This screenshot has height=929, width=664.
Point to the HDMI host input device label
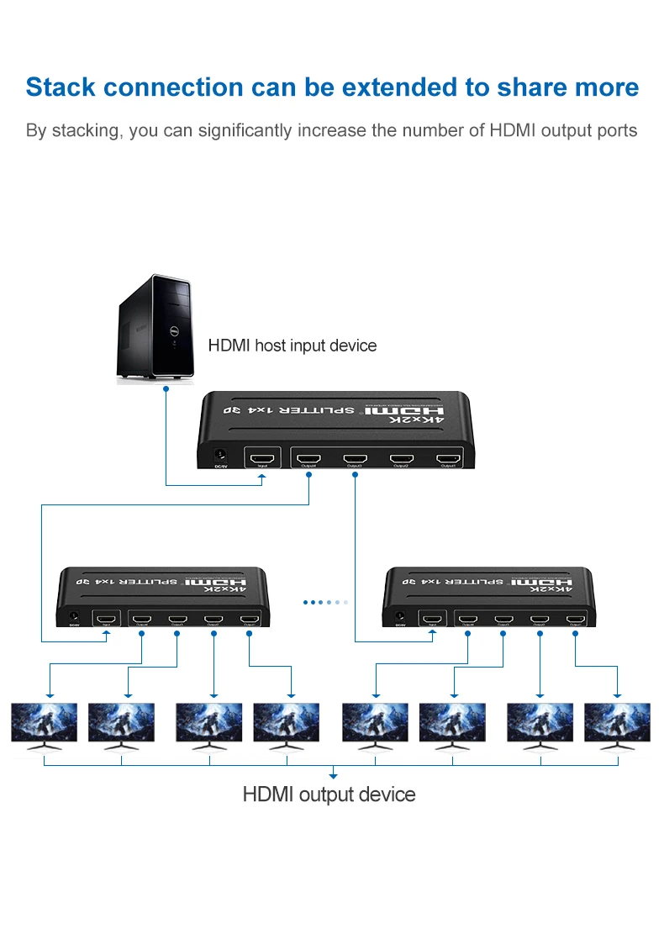tap(292, 346)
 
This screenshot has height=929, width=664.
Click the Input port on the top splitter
tap(263, 458)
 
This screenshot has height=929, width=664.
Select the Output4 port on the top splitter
tap(309, 459)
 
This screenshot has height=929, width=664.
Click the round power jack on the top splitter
tap(221, 455)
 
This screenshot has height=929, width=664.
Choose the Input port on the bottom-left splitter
tap(107, 620)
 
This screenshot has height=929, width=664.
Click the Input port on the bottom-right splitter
tap(432, 620)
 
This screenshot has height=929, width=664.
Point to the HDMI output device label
tap(329, 794)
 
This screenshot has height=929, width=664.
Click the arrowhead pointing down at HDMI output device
tap(333, 775)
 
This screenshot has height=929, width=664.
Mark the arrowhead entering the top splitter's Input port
tap(263, 478)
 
